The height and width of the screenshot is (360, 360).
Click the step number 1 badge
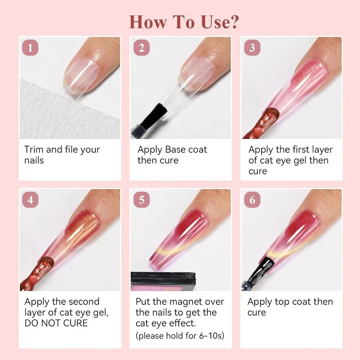point(30,48)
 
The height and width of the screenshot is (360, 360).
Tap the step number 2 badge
point(141,48)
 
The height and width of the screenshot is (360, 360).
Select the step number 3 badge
point(252,48)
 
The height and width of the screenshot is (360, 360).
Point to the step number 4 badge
point(30,200)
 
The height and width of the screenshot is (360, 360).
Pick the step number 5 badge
point(141,200)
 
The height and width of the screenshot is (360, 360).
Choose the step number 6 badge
point(252,200)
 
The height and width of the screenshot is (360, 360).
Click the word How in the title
point(148,22)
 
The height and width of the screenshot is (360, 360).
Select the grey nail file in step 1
point(67,112)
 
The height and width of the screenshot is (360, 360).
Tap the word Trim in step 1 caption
point(34,150)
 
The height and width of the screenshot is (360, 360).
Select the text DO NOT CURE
point(56,323)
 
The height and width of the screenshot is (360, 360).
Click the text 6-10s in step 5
point(211,336)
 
